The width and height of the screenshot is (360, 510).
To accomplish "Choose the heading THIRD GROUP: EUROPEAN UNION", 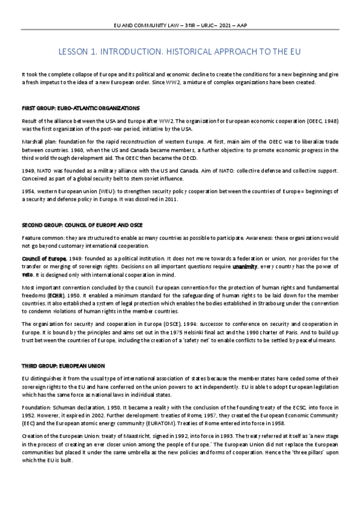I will point(63,365).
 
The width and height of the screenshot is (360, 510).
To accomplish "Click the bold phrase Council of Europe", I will point(44,258).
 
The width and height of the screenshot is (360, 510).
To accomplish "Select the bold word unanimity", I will point(246,265).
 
